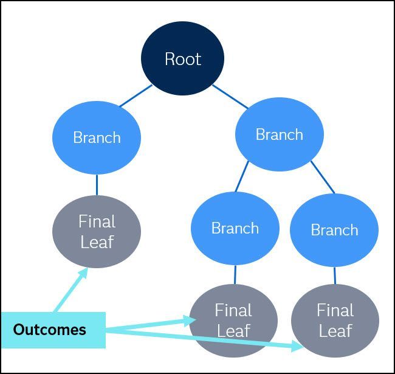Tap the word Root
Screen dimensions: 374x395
coord(183,59)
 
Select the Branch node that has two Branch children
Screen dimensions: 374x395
coord(279,134)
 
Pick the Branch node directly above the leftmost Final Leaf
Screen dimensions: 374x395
coord(97,137)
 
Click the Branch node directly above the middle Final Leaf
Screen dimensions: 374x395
coord(235,229)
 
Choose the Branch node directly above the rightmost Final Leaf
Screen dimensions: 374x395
coord(334,230)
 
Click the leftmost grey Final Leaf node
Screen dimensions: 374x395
coord(97,232)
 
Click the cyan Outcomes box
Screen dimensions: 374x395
coord(53,330)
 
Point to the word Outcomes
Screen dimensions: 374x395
coord(50,330)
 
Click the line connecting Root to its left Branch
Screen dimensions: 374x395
coord(136,96)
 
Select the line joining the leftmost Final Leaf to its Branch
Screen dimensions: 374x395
coord(97,185)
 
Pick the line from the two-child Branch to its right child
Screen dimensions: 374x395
coord(322,177)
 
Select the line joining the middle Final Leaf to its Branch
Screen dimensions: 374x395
coord(235,275)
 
